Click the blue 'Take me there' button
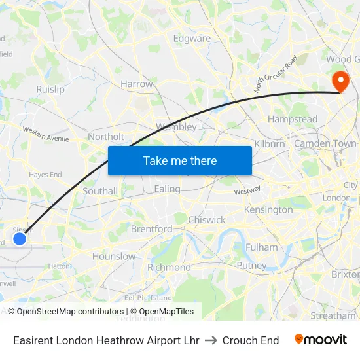coord(180,160)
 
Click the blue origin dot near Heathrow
coord(20,239)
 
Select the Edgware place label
coord(192,38)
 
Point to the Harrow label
coord(136,84)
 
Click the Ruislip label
coord(50,89)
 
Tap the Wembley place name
coord(176,126)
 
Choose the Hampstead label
coord(293,119)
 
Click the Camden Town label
coord(325,143)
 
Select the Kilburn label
coord(270,143)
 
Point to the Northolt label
coord(106,137)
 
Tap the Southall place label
coord(100,191)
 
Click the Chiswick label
coord(207,220)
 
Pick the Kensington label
coord(268,209)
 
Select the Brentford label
coord(151,229)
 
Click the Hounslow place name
coord(114,256)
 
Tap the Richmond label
coord(169,267)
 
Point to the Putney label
coord(251,266)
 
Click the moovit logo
coord(321,340)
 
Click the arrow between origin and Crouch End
coord(211,340)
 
